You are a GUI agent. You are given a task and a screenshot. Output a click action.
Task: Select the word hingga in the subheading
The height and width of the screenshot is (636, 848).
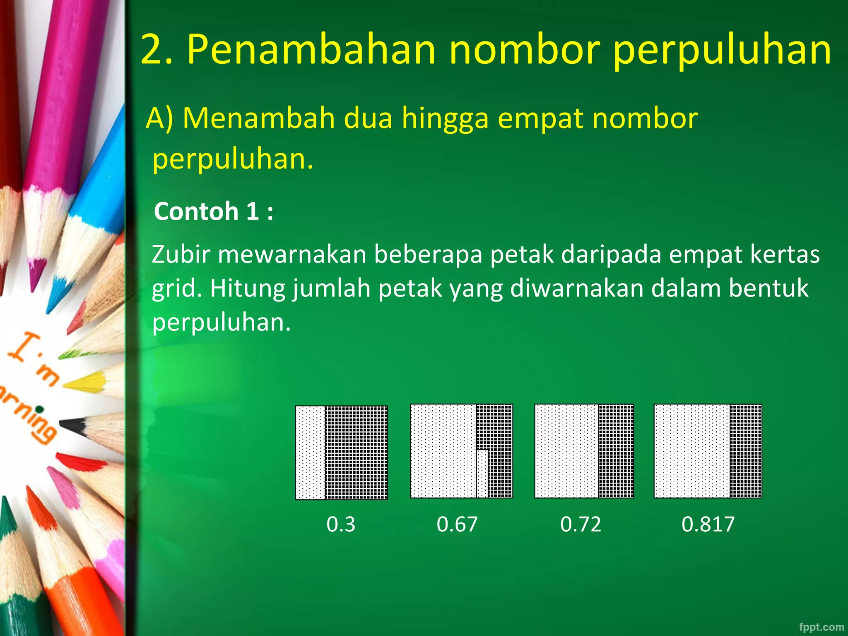click(x=445, y=118)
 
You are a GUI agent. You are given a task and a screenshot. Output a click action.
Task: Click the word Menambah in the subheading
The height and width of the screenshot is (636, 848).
click(x=259, y=118)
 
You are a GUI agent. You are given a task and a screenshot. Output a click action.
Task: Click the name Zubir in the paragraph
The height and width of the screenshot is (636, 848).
click(x=181, y=254)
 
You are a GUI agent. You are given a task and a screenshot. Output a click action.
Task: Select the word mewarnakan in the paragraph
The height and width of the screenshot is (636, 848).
click(x=292, y=254)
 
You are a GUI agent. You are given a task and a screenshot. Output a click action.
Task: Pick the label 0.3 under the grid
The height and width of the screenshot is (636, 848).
click(x=340, y=524)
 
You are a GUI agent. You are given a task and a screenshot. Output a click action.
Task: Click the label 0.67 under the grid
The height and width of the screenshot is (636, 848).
click(x=457, y=524)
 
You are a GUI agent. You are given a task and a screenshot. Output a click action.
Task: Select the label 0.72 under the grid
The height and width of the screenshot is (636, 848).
click(x=581, y=524)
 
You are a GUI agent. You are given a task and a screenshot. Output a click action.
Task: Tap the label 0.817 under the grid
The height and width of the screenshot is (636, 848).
click(x=708, y=524)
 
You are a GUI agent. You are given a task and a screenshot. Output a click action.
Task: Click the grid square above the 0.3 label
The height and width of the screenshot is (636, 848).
click(x=341, y=453)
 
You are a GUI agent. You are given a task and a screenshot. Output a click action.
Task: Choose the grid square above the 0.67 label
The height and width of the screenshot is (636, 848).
click(x=461, y=451)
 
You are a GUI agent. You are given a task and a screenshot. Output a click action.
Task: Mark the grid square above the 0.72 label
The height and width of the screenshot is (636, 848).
click(x=584, y=451)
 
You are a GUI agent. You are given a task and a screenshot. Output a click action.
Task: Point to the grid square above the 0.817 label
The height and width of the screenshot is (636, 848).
click(x=708, y=451)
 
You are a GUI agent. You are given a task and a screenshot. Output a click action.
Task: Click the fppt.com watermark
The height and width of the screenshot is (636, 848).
click(x=821, y=627)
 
